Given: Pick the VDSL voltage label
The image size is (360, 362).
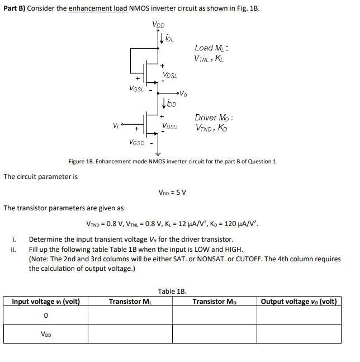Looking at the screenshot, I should click(170, 76).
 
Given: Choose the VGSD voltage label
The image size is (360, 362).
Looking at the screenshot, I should click(136, 143).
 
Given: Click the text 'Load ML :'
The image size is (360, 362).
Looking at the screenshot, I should click(212, 48).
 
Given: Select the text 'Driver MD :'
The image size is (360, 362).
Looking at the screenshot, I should click(214, 117).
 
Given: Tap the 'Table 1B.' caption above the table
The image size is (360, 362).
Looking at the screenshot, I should click(172, 291).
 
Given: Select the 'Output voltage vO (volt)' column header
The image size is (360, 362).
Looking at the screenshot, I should click(299, 302).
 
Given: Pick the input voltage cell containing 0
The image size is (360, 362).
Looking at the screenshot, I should click(45, 317).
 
